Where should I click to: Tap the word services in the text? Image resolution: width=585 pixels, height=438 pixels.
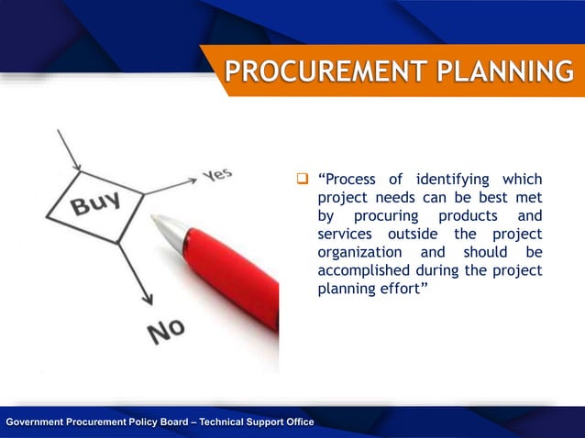342,234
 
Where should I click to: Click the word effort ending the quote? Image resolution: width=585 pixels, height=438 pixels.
405,289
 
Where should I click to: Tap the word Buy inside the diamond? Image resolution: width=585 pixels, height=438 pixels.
94,203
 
